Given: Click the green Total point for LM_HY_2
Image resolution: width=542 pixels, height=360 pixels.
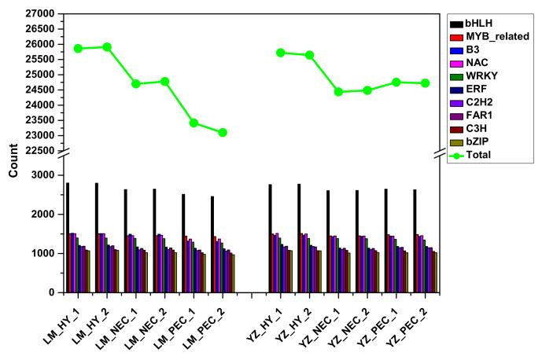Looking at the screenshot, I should tap(107, 47).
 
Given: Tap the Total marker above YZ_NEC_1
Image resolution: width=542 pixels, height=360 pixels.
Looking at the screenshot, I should tap(339, 92).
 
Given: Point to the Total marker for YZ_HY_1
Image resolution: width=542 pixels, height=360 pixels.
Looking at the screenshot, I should tap(281, 53).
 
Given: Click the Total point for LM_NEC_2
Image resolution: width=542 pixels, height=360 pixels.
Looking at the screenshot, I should tap(164, 82).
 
